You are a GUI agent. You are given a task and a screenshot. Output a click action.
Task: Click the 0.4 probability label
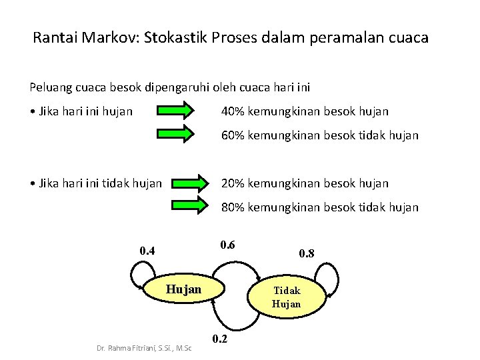(x=147, y=251)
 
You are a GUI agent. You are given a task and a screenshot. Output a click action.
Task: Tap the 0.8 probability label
(x=307, y=253)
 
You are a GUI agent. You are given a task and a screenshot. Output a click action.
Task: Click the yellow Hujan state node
(x=183, y=289)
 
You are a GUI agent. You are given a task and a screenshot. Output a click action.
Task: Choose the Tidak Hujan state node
(x=287, y=297)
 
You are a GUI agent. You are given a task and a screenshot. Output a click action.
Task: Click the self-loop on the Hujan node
(x=141, y=275)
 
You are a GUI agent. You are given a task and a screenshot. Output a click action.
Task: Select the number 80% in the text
(x=233, y=207)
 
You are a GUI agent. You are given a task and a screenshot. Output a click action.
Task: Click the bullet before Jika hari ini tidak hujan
(x=33, y=183)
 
